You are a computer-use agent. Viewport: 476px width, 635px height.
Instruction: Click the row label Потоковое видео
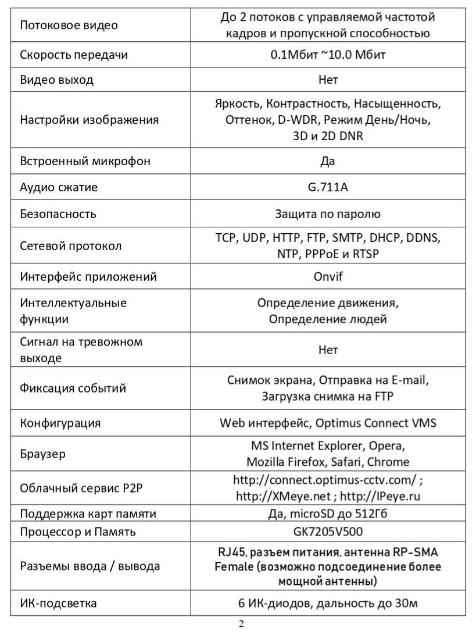(69, 26)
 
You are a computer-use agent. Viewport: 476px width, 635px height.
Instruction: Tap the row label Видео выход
(56, 80)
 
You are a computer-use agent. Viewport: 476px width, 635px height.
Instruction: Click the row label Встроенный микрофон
(85, 161)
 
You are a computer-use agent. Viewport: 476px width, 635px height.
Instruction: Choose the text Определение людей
(328, 319)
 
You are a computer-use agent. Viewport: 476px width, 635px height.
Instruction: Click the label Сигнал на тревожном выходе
(81, 350)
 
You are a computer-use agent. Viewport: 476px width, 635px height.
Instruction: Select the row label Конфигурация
(60, 423)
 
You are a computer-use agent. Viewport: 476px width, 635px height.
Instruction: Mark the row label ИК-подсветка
(58, 603)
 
